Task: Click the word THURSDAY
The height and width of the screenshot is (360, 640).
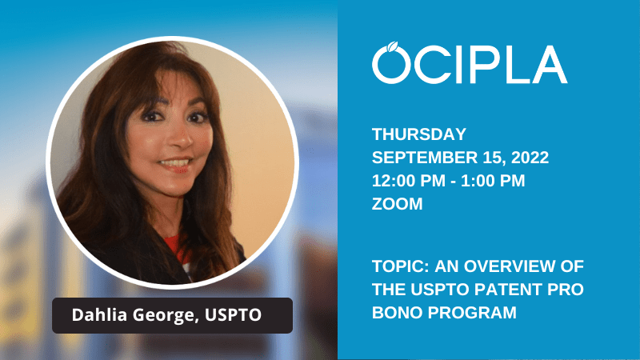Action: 418,134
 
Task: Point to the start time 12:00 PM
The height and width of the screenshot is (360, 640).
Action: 409,181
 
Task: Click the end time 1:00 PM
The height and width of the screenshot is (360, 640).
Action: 493,181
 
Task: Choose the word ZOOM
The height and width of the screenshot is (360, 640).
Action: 397,204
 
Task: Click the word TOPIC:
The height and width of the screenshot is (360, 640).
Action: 401,266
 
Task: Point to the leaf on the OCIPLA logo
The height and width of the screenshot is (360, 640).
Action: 393,46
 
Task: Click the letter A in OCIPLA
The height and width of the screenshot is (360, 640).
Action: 549,65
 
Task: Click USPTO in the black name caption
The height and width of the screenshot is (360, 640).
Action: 233,314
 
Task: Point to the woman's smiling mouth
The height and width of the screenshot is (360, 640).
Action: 174,164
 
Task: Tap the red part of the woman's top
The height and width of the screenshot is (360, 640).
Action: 175,247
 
